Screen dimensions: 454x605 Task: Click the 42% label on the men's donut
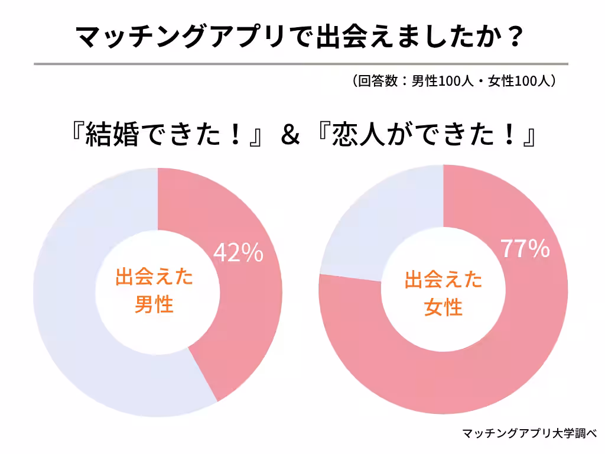tap(238, 252)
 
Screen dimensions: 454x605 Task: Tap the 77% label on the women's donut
tap(525, 249)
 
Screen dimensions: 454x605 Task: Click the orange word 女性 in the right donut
tap(443, 307)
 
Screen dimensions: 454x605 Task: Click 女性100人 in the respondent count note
tap(520, 82)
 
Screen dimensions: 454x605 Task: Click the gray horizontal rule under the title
tap(301, 63)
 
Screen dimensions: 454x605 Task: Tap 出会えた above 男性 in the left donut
tap(154, 277)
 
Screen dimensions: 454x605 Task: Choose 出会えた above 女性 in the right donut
tap(444, 280)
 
